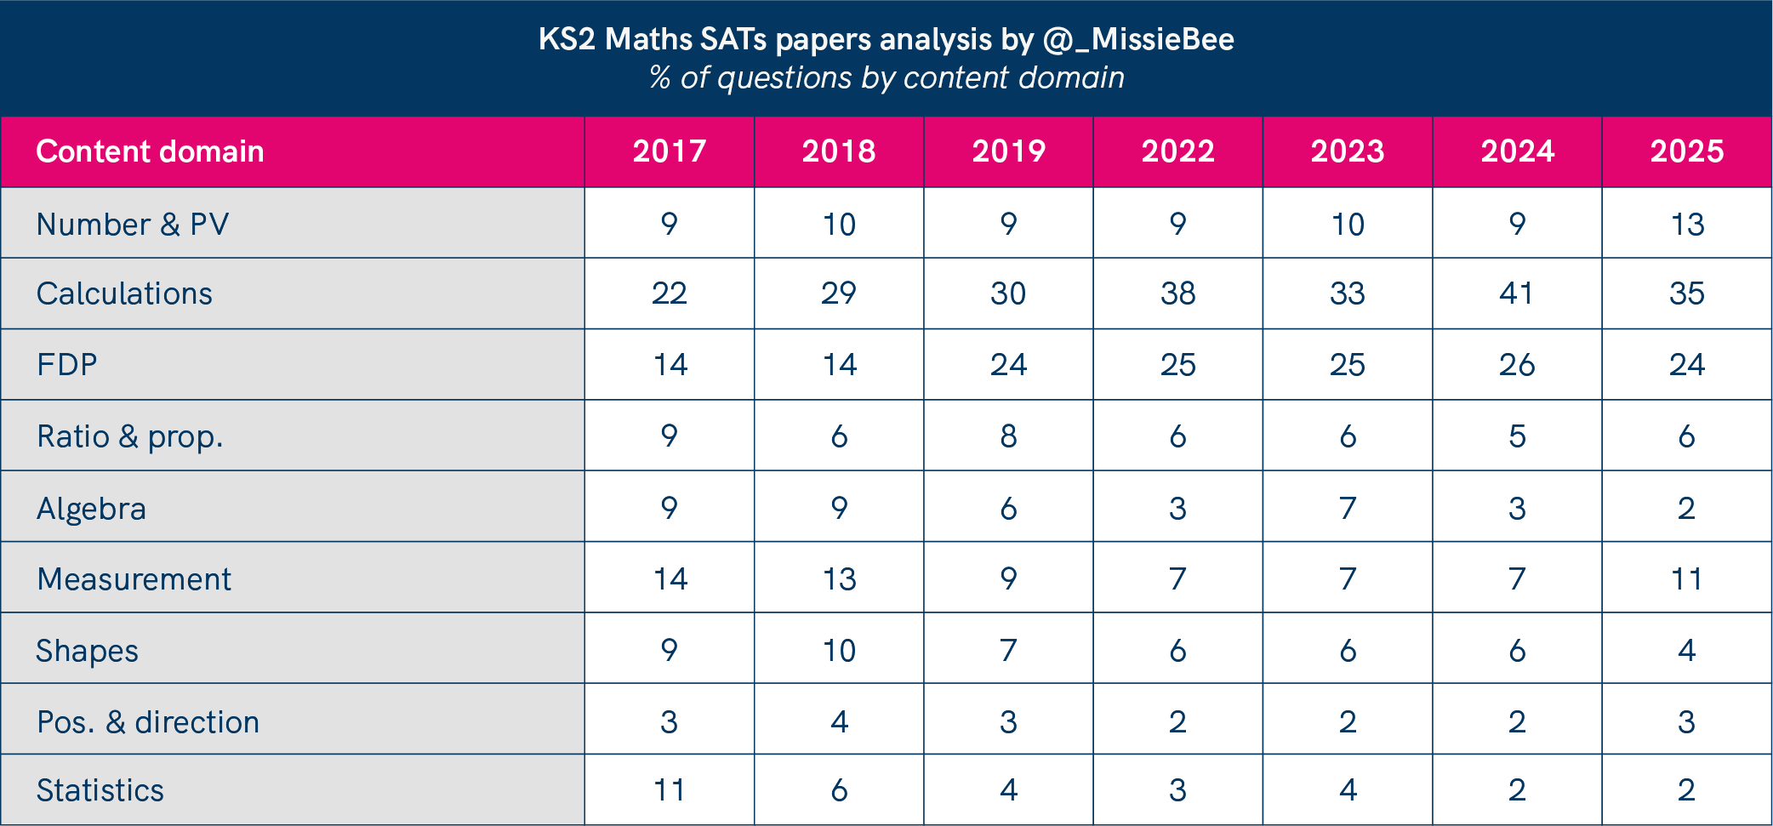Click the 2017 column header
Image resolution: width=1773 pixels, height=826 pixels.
point(670,151)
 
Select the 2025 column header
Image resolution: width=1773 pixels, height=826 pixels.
point(1686,151)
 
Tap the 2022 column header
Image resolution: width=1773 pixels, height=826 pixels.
point(1177,151)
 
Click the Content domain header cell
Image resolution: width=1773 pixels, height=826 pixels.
point(150,151)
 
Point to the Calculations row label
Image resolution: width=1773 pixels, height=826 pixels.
point(124,293)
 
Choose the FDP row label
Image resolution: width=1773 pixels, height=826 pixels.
point(67,365)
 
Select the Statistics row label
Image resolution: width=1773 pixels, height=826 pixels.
point(100,790)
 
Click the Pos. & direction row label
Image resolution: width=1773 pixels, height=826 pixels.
point(148,722)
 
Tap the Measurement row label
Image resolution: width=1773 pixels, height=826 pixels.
point(134,579)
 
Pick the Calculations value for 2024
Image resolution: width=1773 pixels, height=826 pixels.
point(1517,293)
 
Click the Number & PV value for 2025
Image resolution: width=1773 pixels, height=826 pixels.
point(1686,225)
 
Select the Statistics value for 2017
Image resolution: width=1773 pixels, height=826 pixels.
point(670,790)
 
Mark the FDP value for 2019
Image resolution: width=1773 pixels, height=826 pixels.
point(1008,365)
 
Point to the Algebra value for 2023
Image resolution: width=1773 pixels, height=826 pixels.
point(1348,508)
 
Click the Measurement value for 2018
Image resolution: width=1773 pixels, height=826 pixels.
point(839,579)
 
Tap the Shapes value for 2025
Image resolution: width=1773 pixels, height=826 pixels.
point(1686,651)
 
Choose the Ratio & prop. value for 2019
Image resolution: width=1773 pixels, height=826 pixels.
point(1008,436)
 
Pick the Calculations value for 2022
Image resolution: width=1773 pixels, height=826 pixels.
point(1177,293)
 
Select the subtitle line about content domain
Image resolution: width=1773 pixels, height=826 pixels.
point(886,77)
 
